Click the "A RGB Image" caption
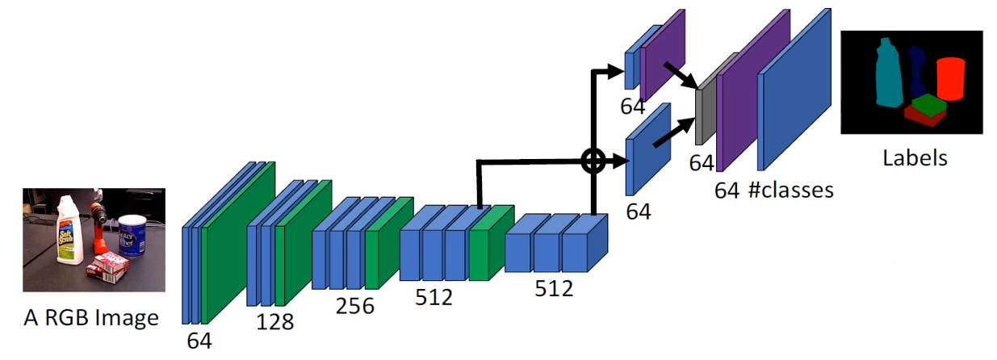[90, 317]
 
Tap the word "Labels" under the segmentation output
[914, 157]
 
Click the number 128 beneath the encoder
[275, 321]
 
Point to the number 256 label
[355, 306]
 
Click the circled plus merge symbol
[593, 161]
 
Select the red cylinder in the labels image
[950, 78]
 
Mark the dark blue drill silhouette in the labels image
[916, 73]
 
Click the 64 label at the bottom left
[199, 340]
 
